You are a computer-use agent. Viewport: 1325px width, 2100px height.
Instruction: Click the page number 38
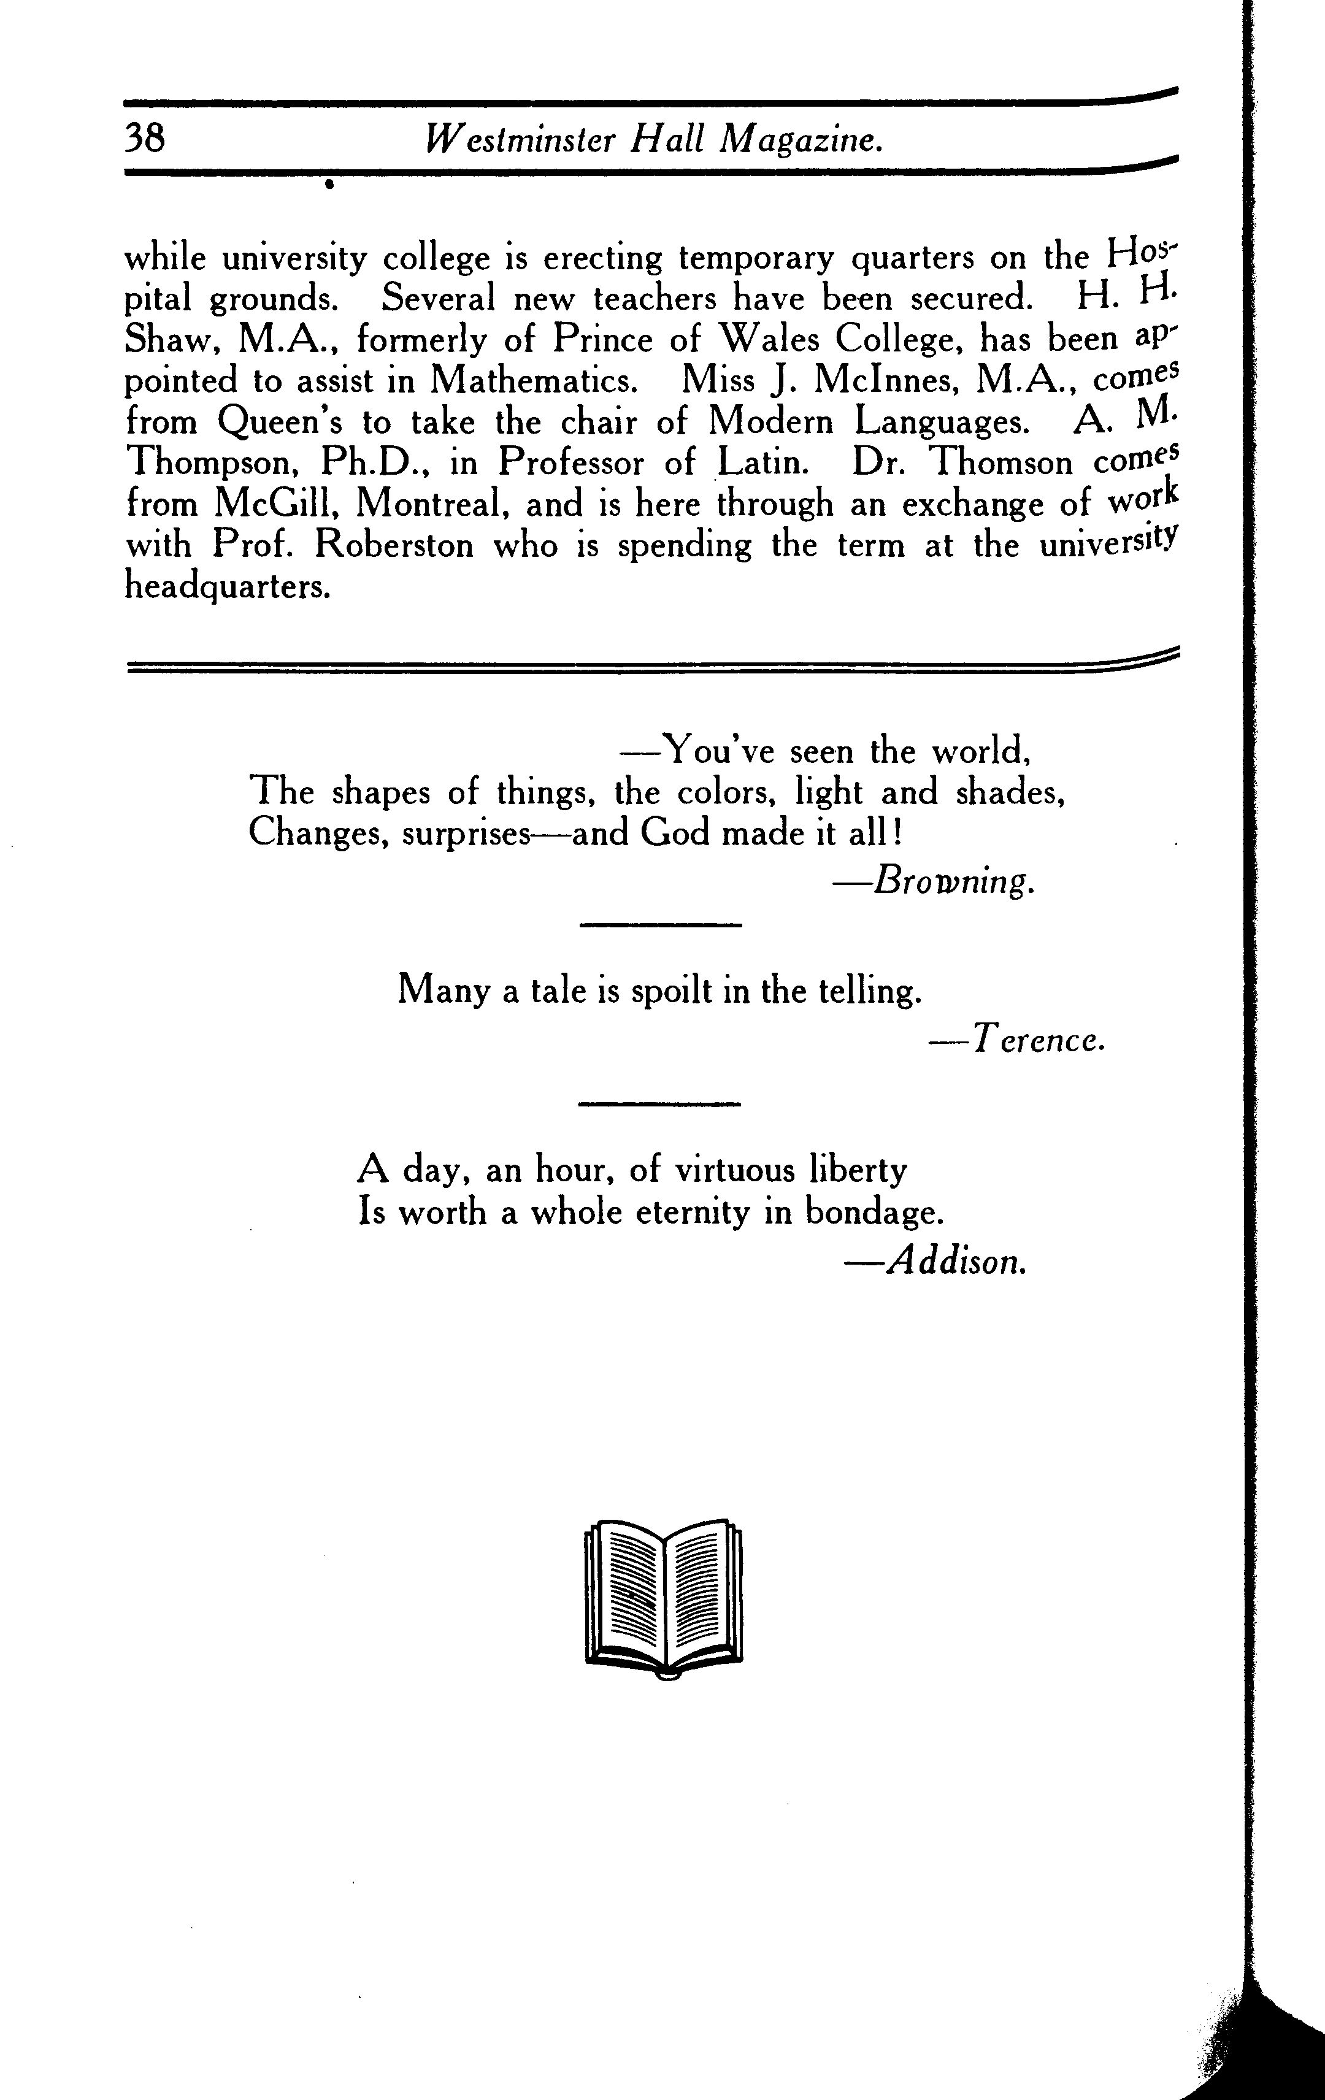145,138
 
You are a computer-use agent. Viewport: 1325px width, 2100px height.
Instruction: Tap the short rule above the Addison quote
660,1105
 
